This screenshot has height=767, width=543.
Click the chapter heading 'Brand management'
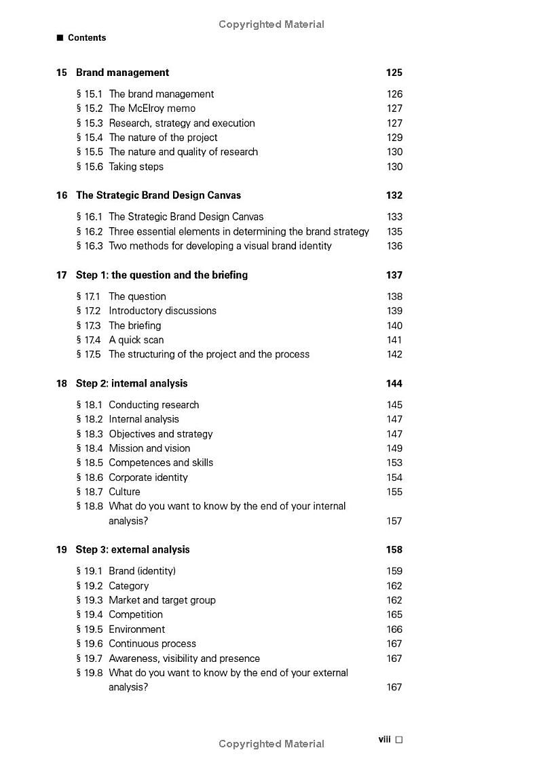click(x=122, y=73)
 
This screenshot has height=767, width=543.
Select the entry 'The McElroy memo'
click(x=152, y=109)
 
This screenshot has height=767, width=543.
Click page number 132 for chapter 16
click(x=394, y=195)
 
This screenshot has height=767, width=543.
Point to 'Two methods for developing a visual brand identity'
click(x=220, y=246)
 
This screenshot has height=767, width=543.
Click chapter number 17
click(x=62, y=275)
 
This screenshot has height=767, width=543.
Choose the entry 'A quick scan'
click(x=136, y=340)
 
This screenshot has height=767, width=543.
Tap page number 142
click(x=394, y=355)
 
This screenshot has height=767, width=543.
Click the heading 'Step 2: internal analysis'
click(x=132, y=384)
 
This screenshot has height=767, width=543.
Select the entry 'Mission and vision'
click(x=149, y=448)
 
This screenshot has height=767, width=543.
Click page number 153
click(x=394, y=463)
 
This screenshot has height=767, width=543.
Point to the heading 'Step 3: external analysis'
click(x=132, y=550)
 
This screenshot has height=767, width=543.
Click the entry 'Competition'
click(x=136, y=615)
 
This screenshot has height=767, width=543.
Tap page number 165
click(x=394, y=615)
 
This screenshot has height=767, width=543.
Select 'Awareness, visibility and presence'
click(x=184, y=658)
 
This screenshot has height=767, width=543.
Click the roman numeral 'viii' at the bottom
click(x=384, y=740)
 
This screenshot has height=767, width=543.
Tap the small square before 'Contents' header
click(x=60, y=38)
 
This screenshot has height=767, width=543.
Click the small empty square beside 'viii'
click(x=399, y=740)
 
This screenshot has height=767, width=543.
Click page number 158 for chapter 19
click(x=394, y=550)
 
